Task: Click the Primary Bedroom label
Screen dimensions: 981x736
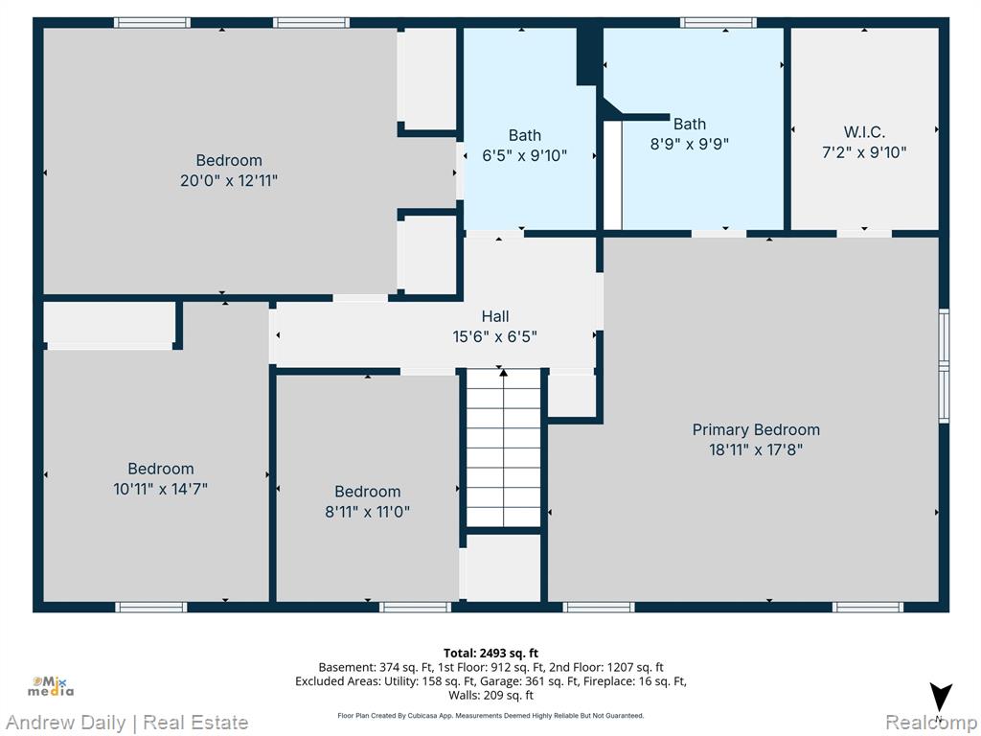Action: point(756,430)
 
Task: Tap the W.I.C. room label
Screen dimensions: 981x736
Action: point(864,132)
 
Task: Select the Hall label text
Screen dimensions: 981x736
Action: point(495,316)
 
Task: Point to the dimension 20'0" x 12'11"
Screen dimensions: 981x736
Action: point(229,181)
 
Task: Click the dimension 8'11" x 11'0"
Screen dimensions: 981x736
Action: point(367,512)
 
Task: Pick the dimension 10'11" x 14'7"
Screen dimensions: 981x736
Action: point(160,489)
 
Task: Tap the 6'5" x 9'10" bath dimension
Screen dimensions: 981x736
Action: point(524,155)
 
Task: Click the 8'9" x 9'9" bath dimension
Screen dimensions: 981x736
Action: point(690,144)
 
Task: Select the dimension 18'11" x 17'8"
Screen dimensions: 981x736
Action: point(756,450)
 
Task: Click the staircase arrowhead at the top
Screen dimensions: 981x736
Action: point(504,373)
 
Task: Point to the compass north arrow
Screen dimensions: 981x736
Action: point(941,698)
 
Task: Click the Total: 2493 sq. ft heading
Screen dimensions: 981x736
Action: point(490,654)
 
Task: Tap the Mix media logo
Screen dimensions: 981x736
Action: point(51,686)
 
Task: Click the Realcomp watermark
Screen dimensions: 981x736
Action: point(931,723)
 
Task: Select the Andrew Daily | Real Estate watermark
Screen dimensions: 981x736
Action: point(127,723)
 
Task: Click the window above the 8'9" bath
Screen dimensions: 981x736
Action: point(719,23)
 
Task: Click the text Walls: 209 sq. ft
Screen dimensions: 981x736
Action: point(490,696)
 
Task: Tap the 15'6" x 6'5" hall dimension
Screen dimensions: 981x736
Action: point(495,336)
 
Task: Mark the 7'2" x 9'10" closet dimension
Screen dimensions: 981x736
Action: point(864,152)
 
